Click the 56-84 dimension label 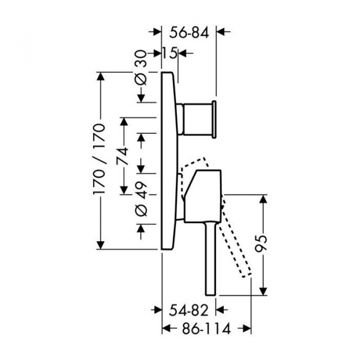pos(189,33)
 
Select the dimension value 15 pos(170,53)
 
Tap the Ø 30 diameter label pos(140,67)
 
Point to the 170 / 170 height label pos(100,160)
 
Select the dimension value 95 pos(261,244)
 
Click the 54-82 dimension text pos(189,310)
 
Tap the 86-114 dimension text pos(206,329)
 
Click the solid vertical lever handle pos(211,259)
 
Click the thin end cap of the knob pos(214,119)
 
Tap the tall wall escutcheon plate pos(169,161)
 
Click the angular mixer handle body pos(203,196)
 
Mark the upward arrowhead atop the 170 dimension pos(100,76)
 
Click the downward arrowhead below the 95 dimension pos(264,291)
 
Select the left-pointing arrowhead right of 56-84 pos(221,32)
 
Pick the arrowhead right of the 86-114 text pos(247,329)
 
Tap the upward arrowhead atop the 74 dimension pos(124,122)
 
